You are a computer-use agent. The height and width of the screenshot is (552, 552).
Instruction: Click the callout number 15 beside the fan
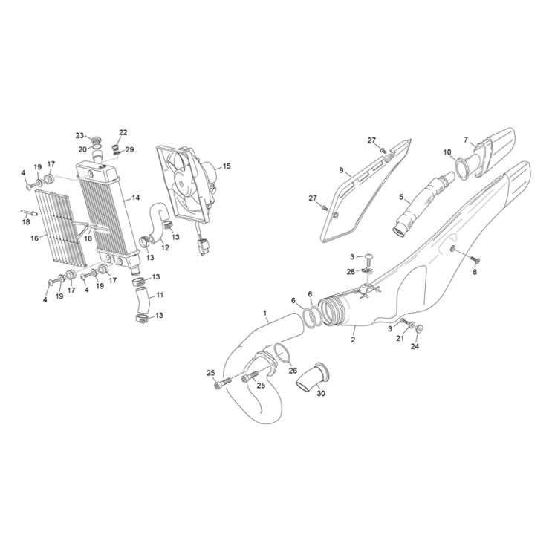[227, 166]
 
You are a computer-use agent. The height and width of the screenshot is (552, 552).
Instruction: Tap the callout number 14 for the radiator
[135, 198]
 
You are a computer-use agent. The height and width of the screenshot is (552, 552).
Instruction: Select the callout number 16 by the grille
[34, 238]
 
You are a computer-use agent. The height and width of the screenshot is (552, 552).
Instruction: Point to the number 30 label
[321, 394]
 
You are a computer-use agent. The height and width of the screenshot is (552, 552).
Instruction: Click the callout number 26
[293, 370]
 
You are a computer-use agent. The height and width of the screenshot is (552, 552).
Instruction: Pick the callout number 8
[475, 272]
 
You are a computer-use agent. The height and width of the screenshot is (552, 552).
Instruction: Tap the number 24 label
[415, 346]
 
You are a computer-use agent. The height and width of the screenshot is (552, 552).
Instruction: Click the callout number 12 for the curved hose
[165, 247]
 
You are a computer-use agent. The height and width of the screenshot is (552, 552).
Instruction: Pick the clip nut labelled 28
[368, 271]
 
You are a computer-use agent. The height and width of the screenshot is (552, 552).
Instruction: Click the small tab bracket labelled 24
[418, 329]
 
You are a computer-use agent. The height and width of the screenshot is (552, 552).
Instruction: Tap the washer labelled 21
[411, 325]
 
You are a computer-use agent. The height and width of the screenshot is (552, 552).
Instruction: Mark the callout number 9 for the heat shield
[341, 170]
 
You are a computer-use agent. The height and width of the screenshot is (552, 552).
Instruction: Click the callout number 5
[401, 197]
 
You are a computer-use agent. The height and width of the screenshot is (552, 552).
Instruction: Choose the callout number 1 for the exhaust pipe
[265, 313]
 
